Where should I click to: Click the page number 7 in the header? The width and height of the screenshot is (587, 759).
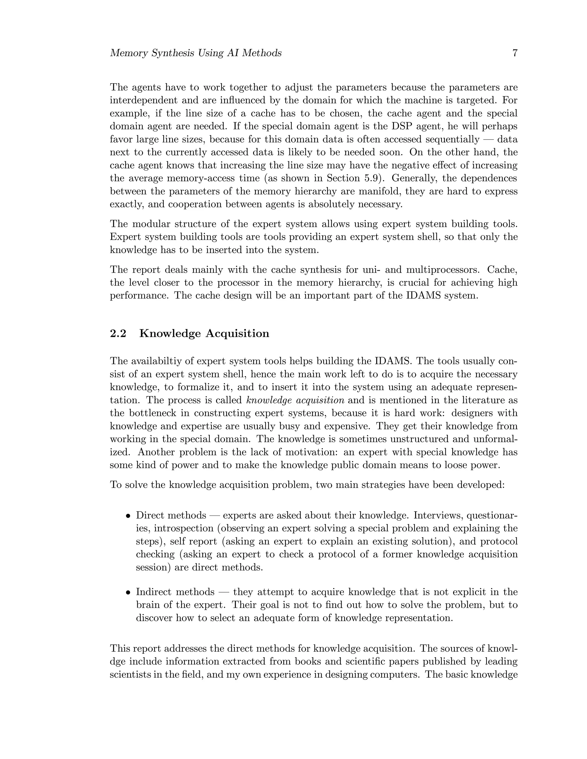coord(515,53)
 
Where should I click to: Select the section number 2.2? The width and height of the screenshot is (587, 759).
coord(118,334)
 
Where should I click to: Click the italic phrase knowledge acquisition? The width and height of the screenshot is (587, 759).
coord(295,400)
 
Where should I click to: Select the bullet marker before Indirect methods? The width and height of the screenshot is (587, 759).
coord(128,593)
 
